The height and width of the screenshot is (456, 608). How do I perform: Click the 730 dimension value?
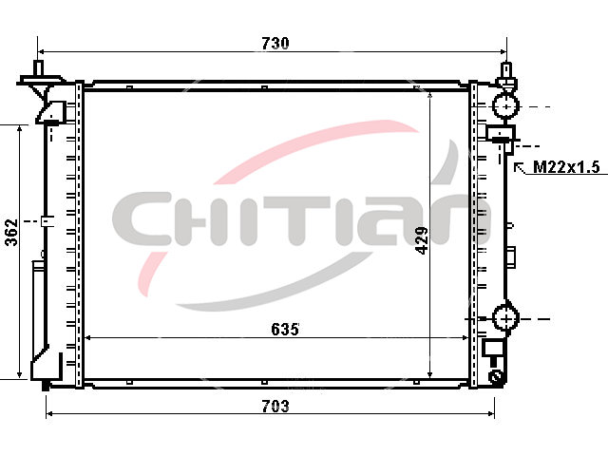(275, 43)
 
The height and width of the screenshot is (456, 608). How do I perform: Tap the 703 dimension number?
(275, 407)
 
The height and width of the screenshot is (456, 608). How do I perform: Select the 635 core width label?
(285, 330)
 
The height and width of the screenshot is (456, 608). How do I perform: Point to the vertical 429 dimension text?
(422, 240)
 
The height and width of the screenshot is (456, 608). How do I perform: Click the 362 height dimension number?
(11, 232)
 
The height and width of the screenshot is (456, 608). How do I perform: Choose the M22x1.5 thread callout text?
(566, 167)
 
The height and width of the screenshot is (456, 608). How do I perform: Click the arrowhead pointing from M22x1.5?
(517, 166)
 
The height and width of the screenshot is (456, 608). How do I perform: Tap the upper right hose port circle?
(506, 105)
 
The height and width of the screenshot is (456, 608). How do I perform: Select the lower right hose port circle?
(506, 318)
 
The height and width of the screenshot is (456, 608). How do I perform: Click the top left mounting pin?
(38, 69)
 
